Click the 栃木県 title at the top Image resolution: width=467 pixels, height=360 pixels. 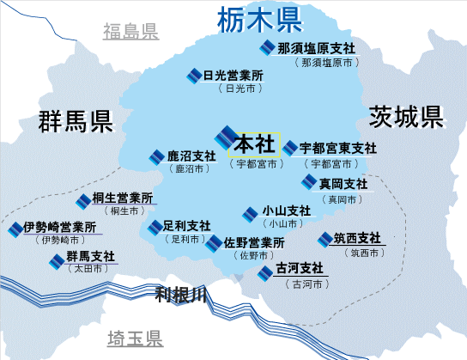pyautogui.click(x=260, y=20)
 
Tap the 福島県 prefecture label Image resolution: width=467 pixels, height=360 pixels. pyautogui.click(x=130, y=31)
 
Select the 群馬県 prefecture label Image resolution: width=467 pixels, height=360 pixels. pyautogui.click(x=76, y=121)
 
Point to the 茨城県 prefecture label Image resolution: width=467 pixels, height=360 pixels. pyautogui.click(x=406, y=117)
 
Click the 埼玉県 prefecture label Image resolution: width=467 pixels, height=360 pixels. pyautogui.click(x=135, y=339)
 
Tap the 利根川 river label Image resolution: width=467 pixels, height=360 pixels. pyautogui.click(x=181, y=295)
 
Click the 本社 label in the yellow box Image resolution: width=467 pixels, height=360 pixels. pyautogui.click(x=254, y=144)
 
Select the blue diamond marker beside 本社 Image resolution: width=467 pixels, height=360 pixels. pyautogui.click(x=225, y=137)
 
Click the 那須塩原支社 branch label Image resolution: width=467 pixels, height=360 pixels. pyautogui.click(x=316, y=48)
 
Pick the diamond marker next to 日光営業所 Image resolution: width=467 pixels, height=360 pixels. pyautogui.click(x=194, y=76)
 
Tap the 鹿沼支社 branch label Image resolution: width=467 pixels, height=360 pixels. pyautogui.click(x=191, y=156)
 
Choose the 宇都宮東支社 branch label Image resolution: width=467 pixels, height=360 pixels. pyautogui.click(x=338, y=148)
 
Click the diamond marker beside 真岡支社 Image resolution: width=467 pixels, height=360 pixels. pyautogui.click(x=309, y=182)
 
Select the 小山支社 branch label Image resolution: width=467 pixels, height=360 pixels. pyautogui.click(x=287, y=211)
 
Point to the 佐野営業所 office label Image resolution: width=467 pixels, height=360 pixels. pyautogui.click(x=254, y=243)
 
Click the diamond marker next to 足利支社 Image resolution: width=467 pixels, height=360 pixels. pyautogui.click(x=155, y=228)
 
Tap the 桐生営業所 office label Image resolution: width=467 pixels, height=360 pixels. pyautogui.click(x=123, y=198)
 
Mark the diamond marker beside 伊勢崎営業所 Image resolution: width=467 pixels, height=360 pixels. pyautogui.click(x=15, y=229)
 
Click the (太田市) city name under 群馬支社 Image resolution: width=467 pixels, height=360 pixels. pyautogui.click(x=88, y=269)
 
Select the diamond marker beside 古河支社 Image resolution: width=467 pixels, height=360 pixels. pyautogui.click(x=265, y=273)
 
